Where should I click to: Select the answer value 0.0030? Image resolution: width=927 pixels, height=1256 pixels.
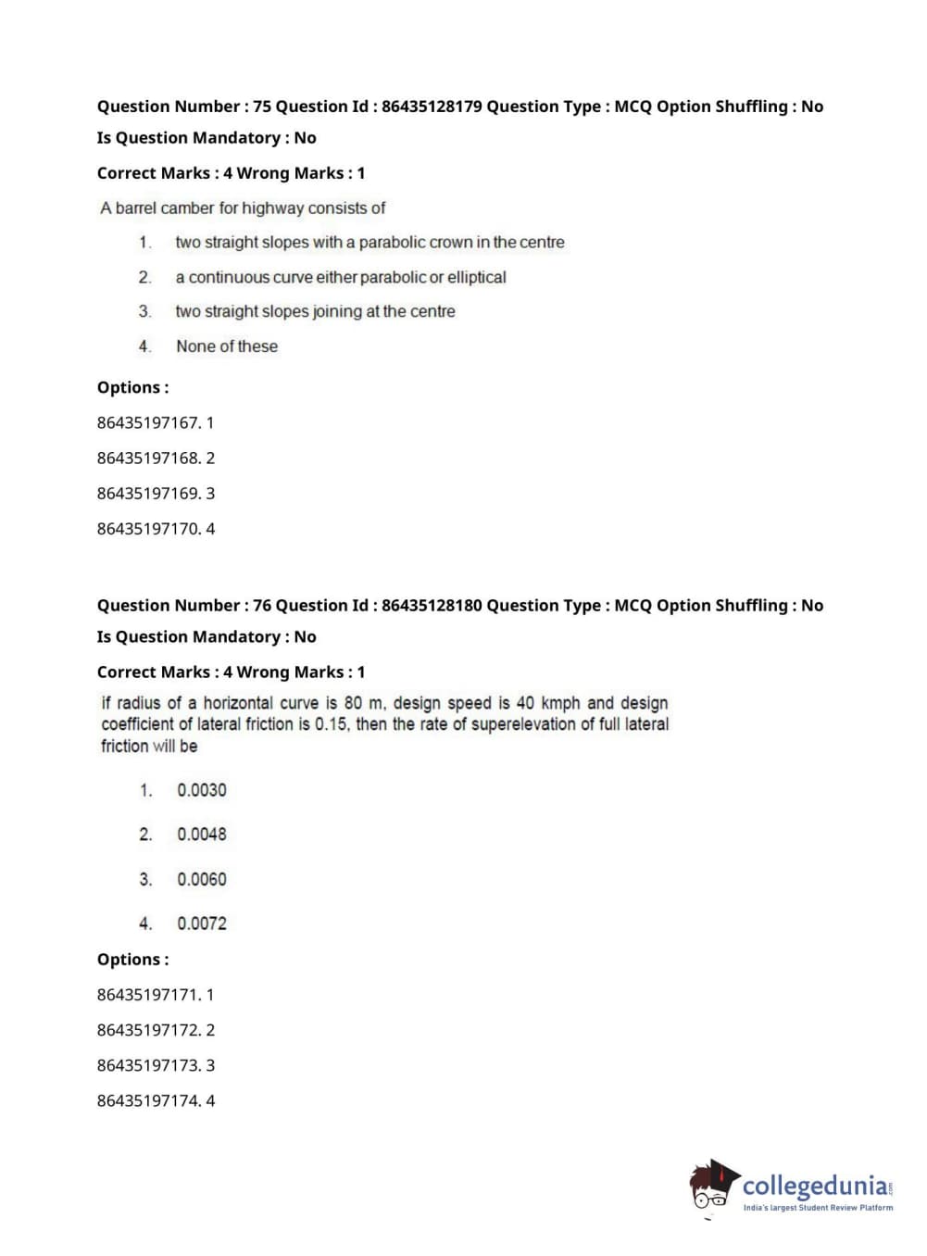(201, 790)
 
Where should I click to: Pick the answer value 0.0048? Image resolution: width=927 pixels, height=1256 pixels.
(201, 835)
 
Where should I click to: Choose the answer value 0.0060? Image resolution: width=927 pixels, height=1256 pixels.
(201, 879)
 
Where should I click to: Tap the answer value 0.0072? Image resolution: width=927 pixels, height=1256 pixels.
(201, 923)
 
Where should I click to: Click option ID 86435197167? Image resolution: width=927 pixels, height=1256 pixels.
(148, 423)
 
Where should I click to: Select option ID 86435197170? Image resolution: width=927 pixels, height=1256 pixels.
(148, 529)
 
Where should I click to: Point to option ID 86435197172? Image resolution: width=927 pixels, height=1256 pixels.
(148, 1030)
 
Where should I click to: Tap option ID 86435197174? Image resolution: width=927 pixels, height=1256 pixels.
(148, 1101)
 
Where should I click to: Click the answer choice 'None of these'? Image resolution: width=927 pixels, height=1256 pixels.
(227, 346)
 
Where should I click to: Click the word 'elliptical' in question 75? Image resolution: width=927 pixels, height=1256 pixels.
(476, 277)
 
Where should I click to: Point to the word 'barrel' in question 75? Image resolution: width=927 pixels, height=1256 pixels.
(136, 208)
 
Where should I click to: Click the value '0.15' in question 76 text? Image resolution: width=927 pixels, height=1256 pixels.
(331, 724)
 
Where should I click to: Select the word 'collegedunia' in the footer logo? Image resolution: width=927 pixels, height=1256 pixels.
(815, 1186)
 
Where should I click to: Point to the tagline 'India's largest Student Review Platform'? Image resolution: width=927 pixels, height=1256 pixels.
(818, 1208)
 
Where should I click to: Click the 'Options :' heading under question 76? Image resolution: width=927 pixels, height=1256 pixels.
(132, 960)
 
